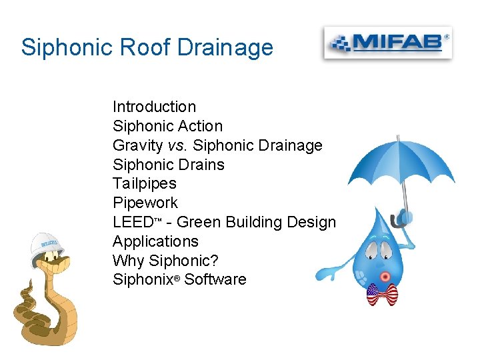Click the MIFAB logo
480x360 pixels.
[x=387, y=43]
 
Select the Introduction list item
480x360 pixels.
[x=154, y=107]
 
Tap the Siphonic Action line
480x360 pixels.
[x=167, y=126]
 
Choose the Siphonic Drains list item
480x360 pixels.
[x=168, y=164]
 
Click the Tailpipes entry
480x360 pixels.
[x=144, y=183]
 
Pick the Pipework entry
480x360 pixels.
[x=145, y=203]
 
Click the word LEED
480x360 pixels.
[x=133, y=222]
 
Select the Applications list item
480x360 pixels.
[x=155, y=241]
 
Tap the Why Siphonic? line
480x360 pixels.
[x=165, y=260]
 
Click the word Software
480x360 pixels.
[x=215, y=279]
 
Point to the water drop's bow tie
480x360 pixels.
[x=382, y=294]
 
